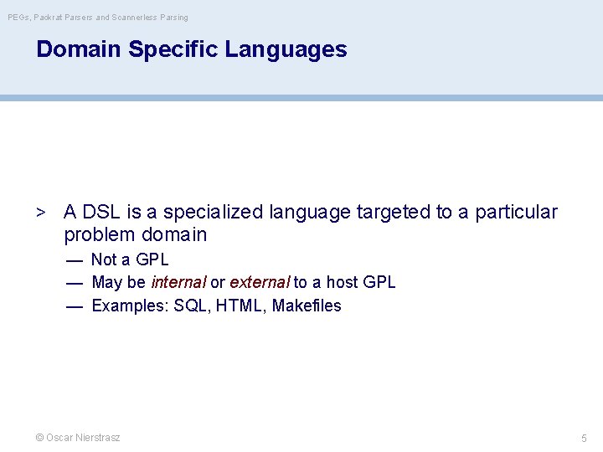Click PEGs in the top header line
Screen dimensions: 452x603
[x=18, y=17]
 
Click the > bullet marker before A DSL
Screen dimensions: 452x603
[x=40, y=213]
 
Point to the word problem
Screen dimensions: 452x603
[x=99, y=235]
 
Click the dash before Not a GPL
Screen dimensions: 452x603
[x=75, y=260]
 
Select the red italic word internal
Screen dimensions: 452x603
[x=178, y=283]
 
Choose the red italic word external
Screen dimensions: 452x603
[x=259, y=283]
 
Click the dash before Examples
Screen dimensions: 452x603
[x=75, y=306]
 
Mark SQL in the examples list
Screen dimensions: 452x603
[x=192, y=306]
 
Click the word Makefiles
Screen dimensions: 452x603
[x=307, y=306]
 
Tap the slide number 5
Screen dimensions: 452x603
[x=584, y=439]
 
